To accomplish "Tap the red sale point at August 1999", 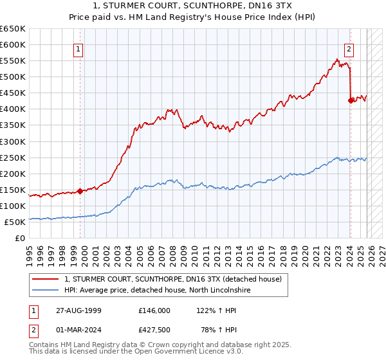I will [80, 190].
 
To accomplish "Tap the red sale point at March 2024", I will [350, 100].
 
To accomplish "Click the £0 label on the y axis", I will [21, 238].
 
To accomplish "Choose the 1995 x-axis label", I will [30, 251].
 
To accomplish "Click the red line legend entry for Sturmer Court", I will [172, 279].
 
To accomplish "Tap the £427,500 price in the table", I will [154, 330].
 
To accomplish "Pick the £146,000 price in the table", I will [154, 310].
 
